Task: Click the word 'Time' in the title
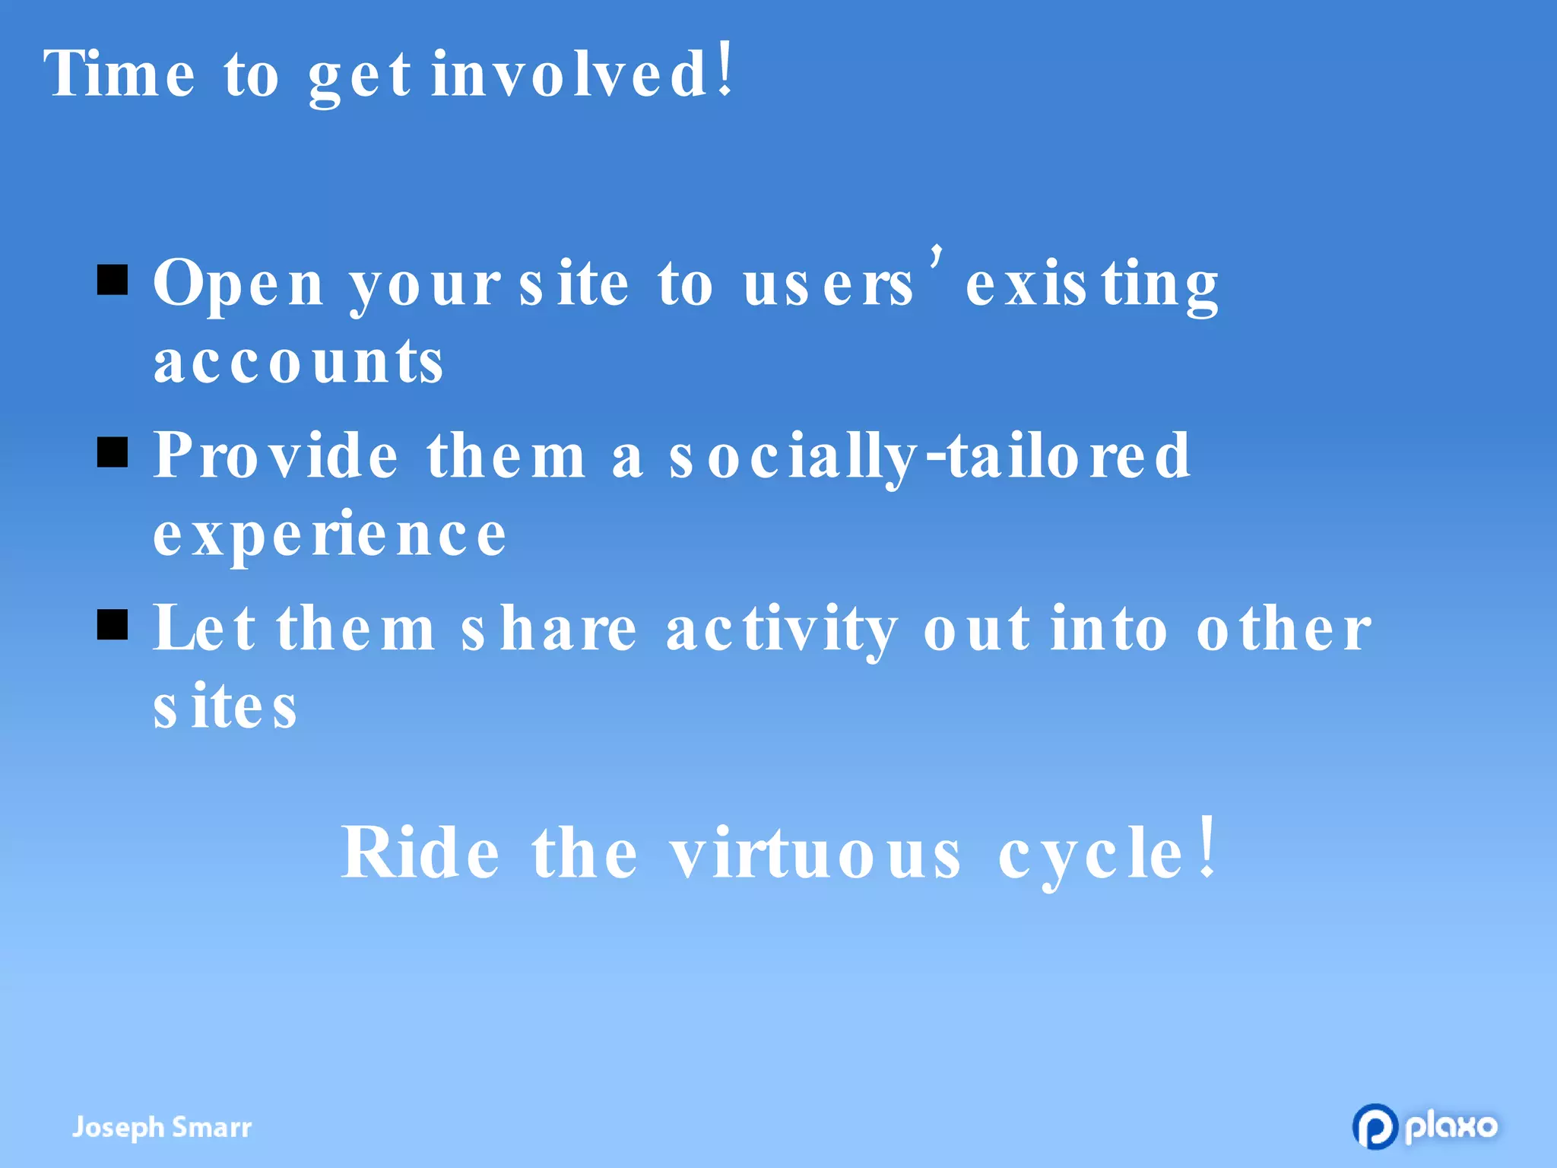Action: [119, 74]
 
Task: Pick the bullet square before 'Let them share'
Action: [113, 625]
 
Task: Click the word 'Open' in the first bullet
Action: [238, 284]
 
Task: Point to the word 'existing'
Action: [1092, 284]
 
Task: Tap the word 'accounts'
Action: [298, 362]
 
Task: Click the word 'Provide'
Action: [275, 455]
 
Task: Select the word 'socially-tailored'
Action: [929, 455]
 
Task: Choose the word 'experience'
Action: [329, 535]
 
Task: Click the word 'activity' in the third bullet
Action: [782, 630]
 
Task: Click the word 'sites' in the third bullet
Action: [224, 707]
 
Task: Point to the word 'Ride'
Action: [420, 853]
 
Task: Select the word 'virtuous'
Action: [815, 853]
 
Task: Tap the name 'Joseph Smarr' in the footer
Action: [161, 1127]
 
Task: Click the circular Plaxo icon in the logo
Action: [1375, 1126]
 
